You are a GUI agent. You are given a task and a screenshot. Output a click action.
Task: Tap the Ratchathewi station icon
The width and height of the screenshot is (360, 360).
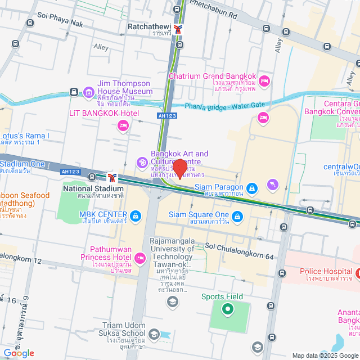tap(179, 29)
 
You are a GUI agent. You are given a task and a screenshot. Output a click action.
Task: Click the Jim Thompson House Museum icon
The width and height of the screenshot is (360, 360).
tap(88, 92)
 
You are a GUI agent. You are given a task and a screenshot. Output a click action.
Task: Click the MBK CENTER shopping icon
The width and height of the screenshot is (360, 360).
tap(135, 215)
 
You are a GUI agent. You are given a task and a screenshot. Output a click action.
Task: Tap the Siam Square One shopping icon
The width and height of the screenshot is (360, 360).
tap(238, 215)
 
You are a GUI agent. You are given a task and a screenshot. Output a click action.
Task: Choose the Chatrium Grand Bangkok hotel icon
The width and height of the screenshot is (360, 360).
tap(265, 82)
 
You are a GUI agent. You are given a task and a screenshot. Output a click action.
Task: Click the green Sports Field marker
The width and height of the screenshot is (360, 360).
tap(227, 308)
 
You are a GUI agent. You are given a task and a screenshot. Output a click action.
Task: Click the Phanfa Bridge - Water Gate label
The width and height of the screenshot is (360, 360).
tap(224, 105)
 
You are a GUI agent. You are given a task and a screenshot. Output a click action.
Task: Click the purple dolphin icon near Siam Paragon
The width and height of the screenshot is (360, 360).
tap(273, 184)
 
